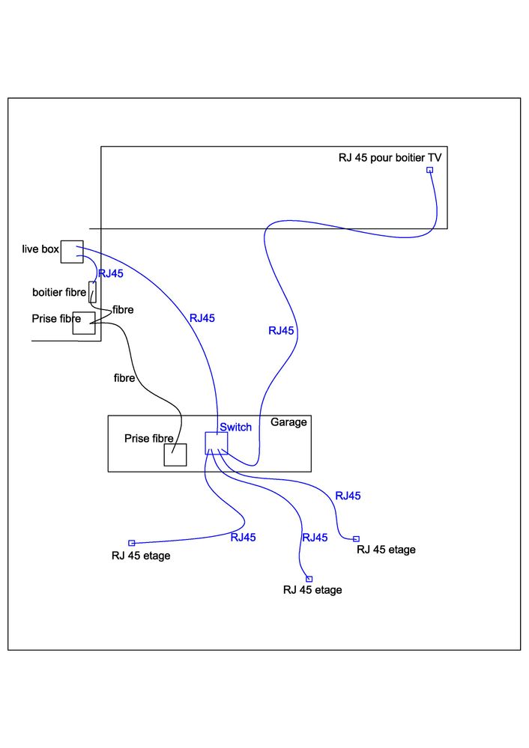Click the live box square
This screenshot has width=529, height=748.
[71, 252]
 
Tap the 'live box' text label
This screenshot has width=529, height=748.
[40, 249]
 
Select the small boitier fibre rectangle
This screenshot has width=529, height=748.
[92, 291]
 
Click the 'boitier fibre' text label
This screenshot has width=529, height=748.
[59, 292]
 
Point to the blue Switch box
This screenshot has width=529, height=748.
[216, 443]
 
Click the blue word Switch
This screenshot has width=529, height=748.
[235, 427]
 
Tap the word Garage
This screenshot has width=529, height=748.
[288, 422]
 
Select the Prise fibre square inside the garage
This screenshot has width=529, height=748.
[175, 454]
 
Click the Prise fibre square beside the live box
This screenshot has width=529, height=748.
[83, 323]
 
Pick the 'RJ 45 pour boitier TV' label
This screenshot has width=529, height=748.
[390, 157]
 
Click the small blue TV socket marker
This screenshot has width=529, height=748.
[430, 170]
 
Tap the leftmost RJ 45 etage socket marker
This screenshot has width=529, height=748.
[131, 543]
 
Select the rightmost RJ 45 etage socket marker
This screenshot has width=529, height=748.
[356, 538]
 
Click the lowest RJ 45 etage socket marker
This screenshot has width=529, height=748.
[309, 579]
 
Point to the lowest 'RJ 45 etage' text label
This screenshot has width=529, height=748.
[312, 590]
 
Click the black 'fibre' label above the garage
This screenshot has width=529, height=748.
[124, 378]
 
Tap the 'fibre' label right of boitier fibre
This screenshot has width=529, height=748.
[124, 309]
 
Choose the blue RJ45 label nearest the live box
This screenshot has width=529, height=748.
[111, 273]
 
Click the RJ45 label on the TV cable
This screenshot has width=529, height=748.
[281, 330]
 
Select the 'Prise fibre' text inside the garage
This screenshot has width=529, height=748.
[149, 438]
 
